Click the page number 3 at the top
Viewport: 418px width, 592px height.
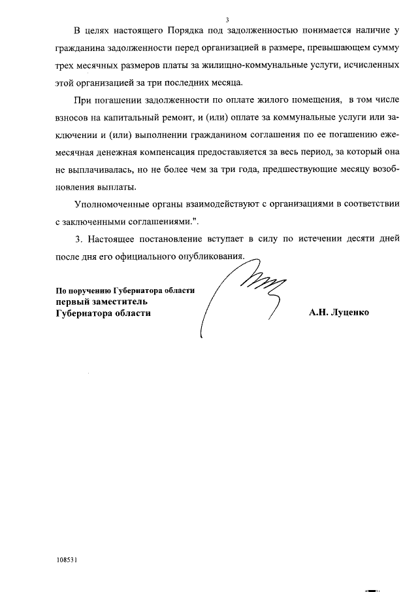227,20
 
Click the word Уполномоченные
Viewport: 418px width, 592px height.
114,204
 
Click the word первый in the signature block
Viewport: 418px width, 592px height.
71,302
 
